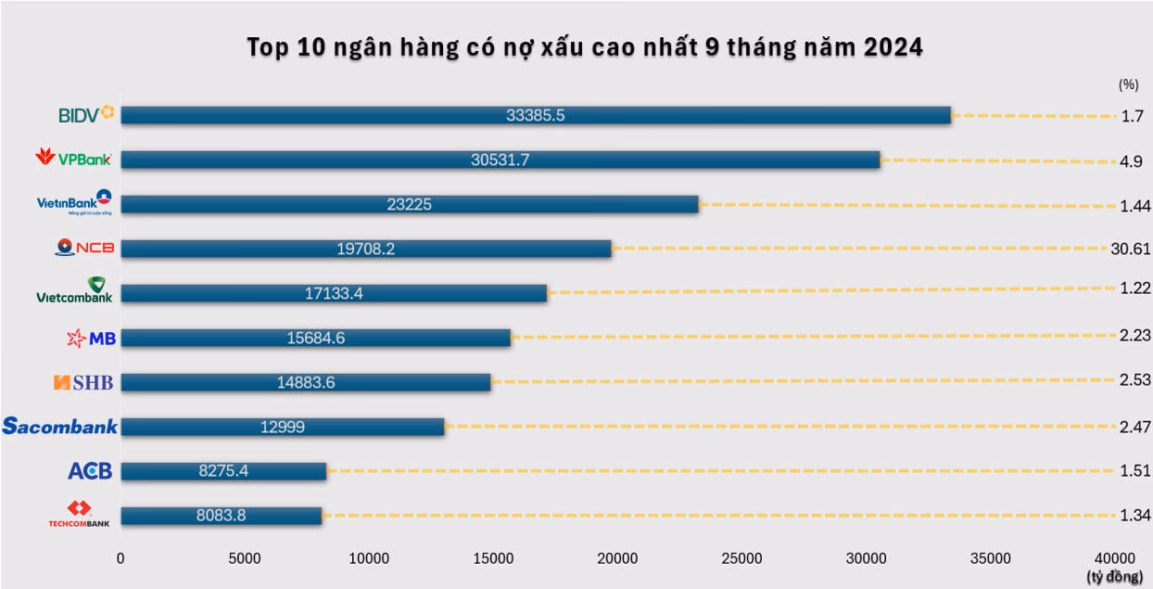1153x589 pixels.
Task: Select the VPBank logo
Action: [73, 159]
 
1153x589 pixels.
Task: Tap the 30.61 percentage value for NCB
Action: [1130, 249]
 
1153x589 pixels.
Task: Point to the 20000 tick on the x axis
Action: [617, 557]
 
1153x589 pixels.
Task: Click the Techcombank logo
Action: [79, 515]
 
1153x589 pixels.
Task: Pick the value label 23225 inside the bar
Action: [409, 205]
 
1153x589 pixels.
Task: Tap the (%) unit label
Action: [1128, 83]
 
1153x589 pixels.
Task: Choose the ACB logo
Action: [90, 471]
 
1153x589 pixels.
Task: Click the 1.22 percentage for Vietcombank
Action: [1134, 288]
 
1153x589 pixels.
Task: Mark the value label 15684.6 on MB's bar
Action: [315, 339]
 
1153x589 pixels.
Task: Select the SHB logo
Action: [84, 382]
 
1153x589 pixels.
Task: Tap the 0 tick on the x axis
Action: [120, 557]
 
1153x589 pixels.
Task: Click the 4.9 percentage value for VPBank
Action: [1131, 160]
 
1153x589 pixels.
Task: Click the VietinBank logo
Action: [74, 203]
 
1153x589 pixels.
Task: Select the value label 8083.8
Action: [221, 516]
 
